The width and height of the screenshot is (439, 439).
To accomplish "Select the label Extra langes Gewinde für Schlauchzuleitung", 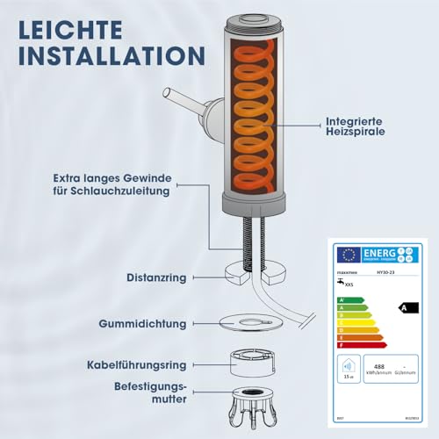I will click(x=112, y=184).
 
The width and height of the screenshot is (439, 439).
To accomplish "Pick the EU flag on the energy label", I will click(x=349, y=255).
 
